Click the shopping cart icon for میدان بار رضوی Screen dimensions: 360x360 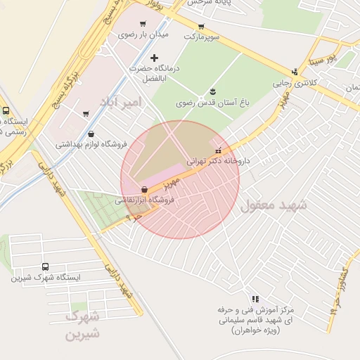143,24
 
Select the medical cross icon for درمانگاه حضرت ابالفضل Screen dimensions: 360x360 155,58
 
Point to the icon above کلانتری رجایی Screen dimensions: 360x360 295,71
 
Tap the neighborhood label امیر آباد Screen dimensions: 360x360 120,102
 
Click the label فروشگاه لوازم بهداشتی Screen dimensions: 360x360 91,145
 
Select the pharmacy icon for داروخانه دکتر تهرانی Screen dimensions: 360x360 218,150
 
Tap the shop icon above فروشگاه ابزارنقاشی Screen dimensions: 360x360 144,189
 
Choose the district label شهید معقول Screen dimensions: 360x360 274,205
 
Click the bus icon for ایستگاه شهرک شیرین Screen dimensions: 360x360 46,267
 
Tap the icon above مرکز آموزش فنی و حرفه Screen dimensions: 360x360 255,299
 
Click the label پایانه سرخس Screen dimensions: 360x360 208,3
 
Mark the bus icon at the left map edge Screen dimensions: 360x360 6,110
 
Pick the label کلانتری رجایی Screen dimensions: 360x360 290,83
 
